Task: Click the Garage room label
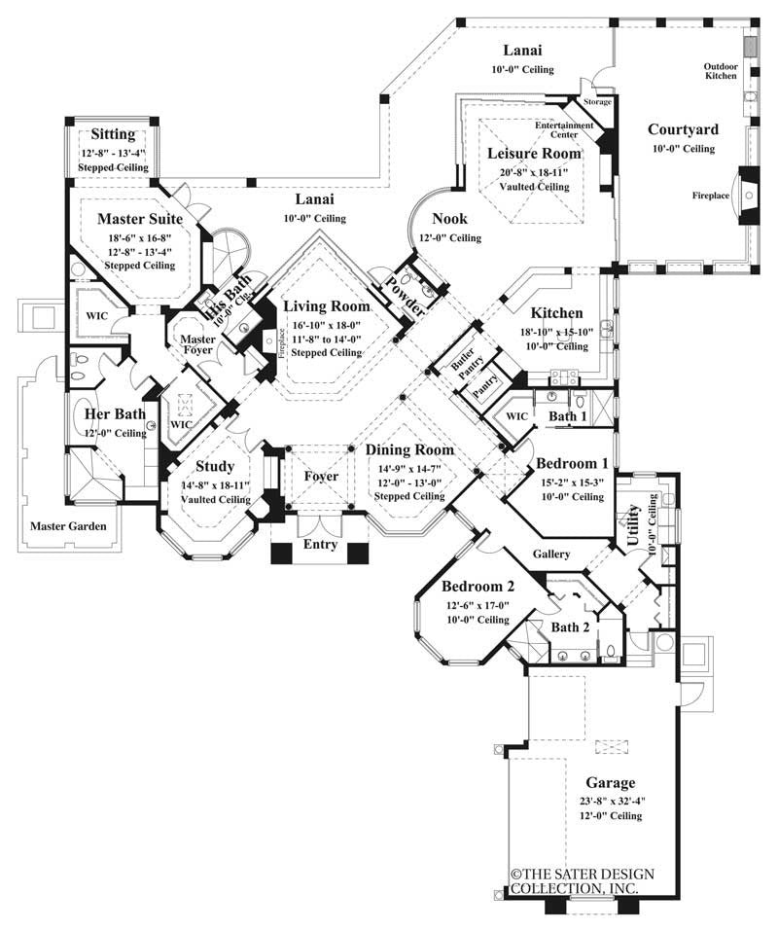click(x=611, y=782)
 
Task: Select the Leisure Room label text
click(x=534, y=153)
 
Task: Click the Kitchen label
click(x=557, y=313)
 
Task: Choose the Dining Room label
click(x=409, y=450)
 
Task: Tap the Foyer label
click(x=321, y=477)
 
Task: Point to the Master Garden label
click(x=67, y=526)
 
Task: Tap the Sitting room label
click(x=113, y=133)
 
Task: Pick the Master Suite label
click(x=140, y=220)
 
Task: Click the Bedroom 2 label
click(x=477, y=588)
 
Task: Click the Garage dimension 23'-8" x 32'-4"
click(x=610, y=801)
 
